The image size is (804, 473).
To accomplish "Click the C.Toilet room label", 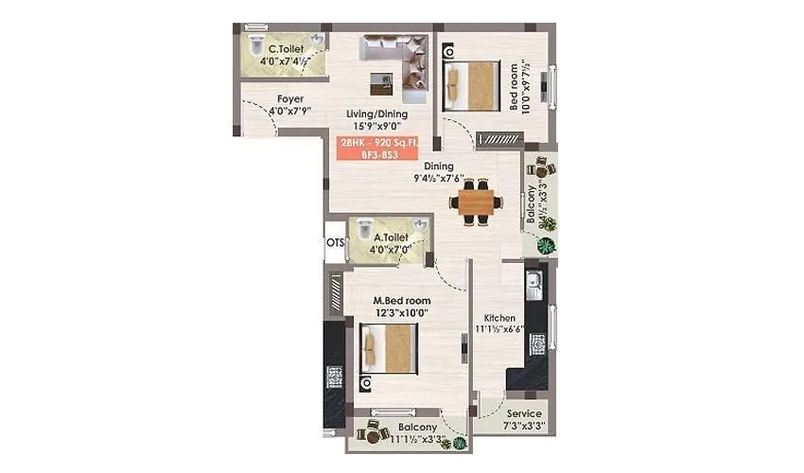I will (285, 48).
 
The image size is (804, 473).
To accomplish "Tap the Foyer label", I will (290, 98).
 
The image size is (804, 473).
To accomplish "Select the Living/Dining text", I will (376, 114).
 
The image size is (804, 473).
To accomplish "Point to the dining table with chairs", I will (476, 201).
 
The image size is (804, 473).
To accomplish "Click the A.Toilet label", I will (392, 237).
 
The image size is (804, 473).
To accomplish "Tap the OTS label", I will (335, 242).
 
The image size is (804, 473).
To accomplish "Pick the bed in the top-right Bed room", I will (470, 82).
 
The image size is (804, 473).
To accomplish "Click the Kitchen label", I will (498, 318).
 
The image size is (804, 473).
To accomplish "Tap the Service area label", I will (524, 413).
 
